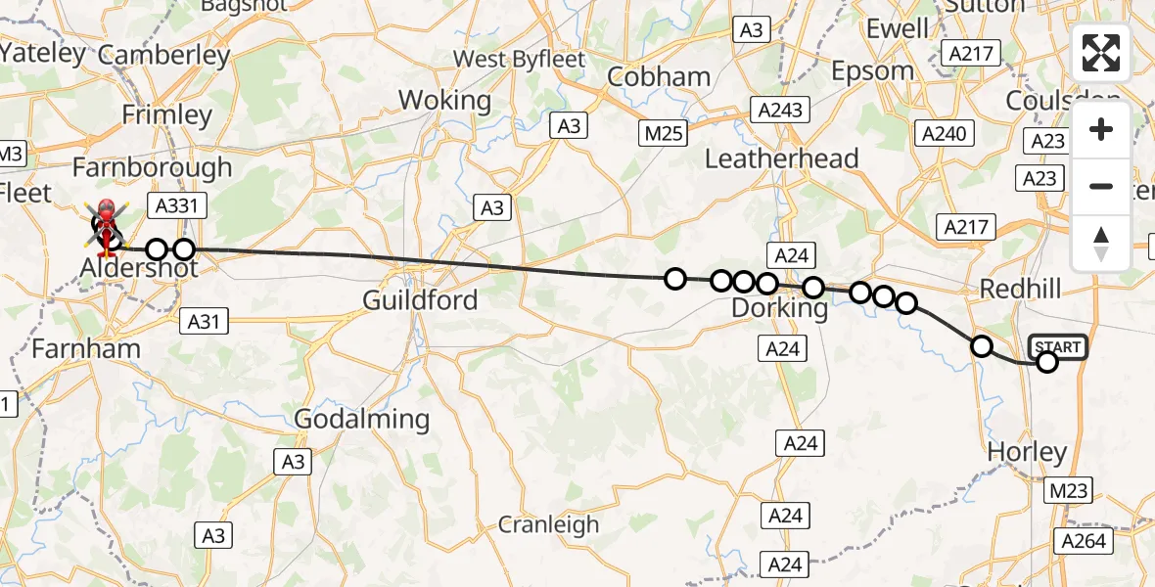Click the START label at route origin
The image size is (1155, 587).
click(1058, 347)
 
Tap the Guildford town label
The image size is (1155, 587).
click(420, 299)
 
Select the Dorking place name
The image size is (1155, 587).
click(780, 309)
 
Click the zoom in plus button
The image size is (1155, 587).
click(1101, 130)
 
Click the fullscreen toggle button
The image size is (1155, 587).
click(1101, 53)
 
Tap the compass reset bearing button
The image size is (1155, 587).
click(1101, 242)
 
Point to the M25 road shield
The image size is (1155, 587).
click(663, 133)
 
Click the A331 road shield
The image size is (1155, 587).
click(172, 204)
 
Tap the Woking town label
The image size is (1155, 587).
click(444, 100)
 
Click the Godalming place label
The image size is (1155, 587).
click(362, 420)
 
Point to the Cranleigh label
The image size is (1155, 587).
click(548, 524)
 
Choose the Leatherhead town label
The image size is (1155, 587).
click(781, 158)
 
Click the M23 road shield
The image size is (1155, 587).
click(1066, 490)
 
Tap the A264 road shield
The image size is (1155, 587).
click(1082, 541)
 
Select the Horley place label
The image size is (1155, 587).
click(1027, 452)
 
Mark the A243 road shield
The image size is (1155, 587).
click(778, 109)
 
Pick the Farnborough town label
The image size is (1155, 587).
click(152, 167)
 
